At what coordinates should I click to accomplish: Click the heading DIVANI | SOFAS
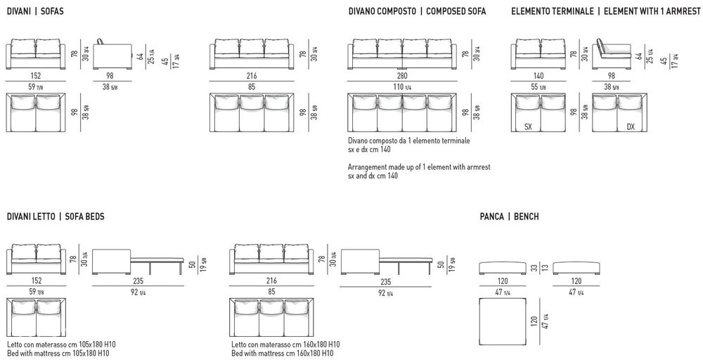[35, 11]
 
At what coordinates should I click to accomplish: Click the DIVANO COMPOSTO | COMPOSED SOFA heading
[417, 11]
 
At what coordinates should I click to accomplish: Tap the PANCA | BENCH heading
[509, 217]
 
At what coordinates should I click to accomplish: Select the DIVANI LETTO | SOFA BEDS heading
[56, 217]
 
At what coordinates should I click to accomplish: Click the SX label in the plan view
[528, 127]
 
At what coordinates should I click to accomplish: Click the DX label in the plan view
[631, 127]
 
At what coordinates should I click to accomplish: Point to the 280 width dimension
[402, 76]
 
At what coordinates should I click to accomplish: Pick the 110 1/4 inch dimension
[402, 87]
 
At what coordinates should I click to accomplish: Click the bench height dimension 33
[534, 267]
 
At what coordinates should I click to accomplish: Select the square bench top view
[503, 321]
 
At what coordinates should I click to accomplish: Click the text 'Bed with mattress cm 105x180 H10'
[58, 353]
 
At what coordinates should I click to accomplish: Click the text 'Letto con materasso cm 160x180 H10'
[285, 345]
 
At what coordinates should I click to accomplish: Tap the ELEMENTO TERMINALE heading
[553, 11]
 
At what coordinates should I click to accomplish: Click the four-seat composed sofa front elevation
[402, 54]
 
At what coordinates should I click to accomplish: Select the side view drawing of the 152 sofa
[112, 54]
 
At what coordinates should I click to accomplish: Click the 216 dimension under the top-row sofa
[252, 76]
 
